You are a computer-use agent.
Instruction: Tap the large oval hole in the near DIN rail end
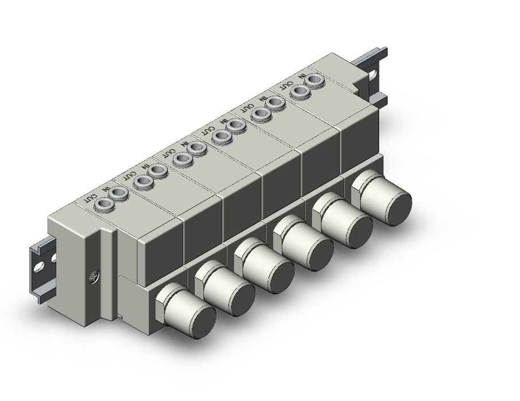(x=40, y=266)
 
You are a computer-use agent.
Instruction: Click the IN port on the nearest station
(x=119, y=192)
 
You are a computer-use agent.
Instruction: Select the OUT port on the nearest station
(x=103, y=204)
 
